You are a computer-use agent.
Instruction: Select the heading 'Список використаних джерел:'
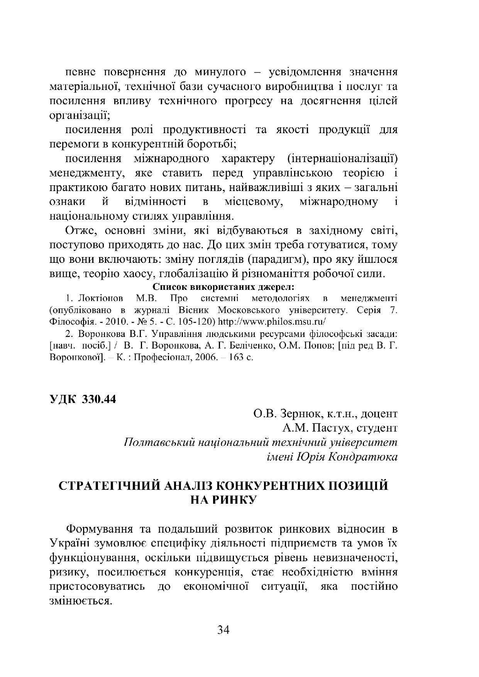223,287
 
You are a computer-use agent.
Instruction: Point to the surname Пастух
332,428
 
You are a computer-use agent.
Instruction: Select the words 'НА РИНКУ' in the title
223,501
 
